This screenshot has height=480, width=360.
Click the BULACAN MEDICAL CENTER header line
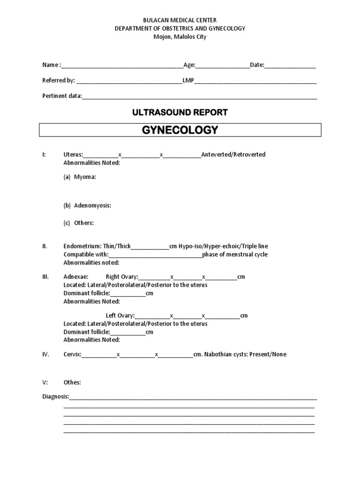pos(180,20)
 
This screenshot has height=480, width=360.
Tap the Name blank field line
pos(122,66)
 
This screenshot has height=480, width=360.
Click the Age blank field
pos(223,66)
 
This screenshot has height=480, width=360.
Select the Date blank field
pos(290,66)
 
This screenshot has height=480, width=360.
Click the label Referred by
pos(59,81)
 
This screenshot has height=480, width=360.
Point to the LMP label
pos(188,81)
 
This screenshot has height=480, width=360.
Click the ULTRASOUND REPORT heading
pos(180,112)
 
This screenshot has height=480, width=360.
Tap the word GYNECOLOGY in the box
pos(180,130)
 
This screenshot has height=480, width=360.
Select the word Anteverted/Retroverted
pos(233,155)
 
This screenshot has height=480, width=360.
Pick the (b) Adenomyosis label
pos(87,205)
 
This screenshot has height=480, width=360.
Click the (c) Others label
pos(79,223)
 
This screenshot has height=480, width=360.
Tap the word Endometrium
pos(82,246)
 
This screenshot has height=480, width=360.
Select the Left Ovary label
pos(120,316)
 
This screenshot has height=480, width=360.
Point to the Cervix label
pos(72,354)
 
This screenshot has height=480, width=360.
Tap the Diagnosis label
pos(55,397)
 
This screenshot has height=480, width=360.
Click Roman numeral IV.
pos(45,354)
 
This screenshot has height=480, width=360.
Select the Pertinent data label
pos(62,96)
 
